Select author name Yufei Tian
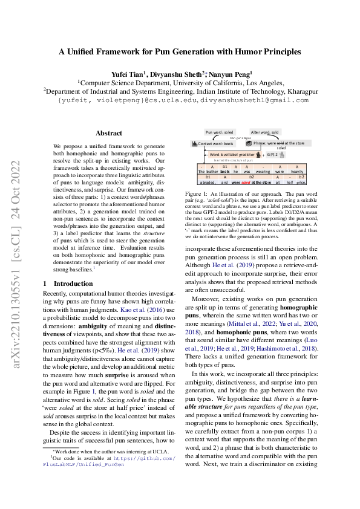point(131,73)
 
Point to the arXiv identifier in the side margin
point(18,254)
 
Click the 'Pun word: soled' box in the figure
point(220,131)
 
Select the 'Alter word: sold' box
point(264,131)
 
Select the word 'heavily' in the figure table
point(296,171)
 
